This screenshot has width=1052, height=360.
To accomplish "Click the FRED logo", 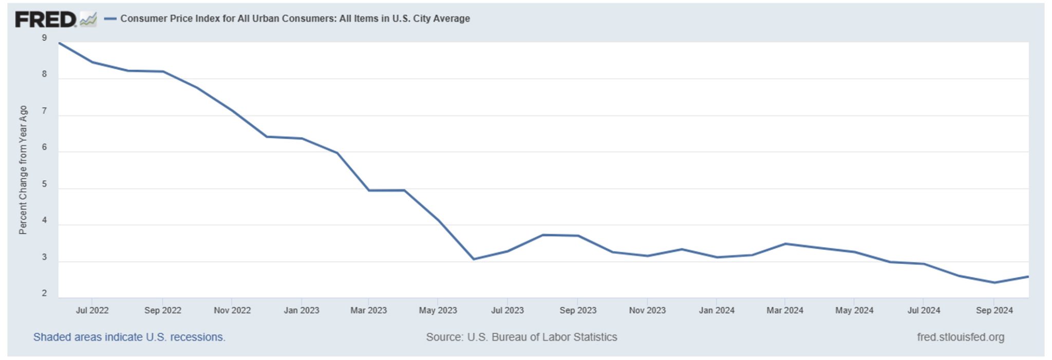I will (x=46, y=20).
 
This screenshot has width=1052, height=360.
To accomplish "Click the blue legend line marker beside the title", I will (x=110, y=19).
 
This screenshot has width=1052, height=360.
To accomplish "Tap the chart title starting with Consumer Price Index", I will (x=295, y=18).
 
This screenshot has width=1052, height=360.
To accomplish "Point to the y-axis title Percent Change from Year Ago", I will (x=23, y=170).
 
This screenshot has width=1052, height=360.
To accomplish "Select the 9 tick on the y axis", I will (x=44, y=38).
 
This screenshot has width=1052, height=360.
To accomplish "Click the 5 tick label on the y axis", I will (x=44, y=184).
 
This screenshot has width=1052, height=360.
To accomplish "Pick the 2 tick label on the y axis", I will (x=44, y=293).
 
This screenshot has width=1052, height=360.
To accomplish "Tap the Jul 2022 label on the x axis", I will (x=92, y=310).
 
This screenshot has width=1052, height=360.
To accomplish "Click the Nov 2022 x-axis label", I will (x=232, y=310).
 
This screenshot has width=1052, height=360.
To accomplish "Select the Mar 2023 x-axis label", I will (x=368, y=310).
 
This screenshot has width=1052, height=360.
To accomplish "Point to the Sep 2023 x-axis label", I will (x=578, y=310).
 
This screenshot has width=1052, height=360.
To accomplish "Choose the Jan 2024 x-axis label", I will (x=717, y=310).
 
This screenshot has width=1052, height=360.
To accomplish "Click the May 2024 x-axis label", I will (x=854, y=310).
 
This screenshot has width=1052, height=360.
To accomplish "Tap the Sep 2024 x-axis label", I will (x=994, y=310).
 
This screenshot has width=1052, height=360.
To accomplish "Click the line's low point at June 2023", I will (x=474, y=259).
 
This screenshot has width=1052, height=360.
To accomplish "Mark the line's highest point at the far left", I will (x=60, y=43).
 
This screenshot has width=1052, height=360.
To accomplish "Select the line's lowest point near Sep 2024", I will (x=994, y=282).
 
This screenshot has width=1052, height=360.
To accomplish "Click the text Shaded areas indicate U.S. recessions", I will (x=129, y=337).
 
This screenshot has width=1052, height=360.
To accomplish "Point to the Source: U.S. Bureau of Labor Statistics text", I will (x=521, y=337).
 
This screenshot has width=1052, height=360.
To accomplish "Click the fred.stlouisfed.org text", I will (x=961, y=337).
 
